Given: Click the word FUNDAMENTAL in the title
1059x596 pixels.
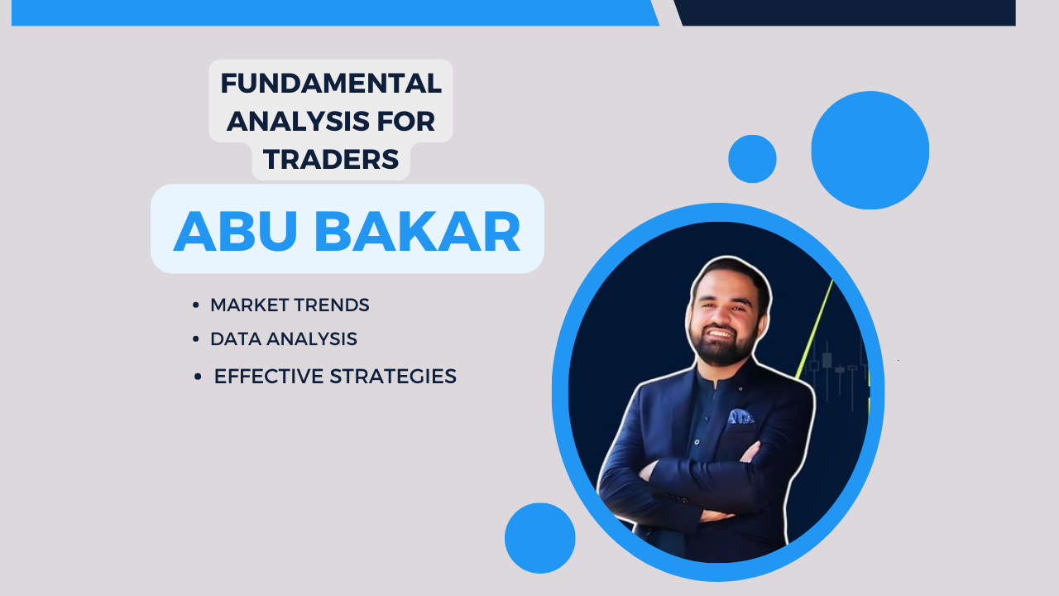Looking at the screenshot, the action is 331,84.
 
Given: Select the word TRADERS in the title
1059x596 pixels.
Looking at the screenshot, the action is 331,159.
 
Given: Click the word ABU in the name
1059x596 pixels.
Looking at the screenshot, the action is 236,231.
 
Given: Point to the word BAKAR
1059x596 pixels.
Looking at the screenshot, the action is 418,231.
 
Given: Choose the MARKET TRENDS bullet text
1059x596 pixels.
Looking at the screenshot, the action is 290,305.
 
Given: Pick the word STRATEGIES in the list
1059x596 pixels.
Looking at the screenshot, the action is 393,377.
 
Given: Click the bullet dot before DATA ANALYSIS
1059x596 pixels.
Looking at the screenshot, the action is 196,339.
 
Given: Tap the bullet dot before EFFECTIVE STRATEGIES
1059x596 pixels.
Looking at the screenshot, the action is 198,377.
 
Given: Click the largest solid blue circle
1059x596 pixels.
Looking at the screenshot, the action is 870,150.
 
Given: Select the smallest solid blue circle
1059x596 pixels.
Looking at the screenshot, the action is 752,159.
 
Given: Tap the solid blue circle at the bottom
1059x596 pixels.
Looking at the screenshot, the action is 540,538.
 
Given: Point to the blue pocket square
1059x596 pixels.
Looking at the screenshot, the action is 740,416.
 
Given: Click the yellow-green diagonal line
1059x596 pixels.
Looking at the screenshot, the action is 814,329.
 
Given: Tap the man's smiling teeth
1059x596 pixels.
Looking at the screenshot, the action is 720,334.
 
